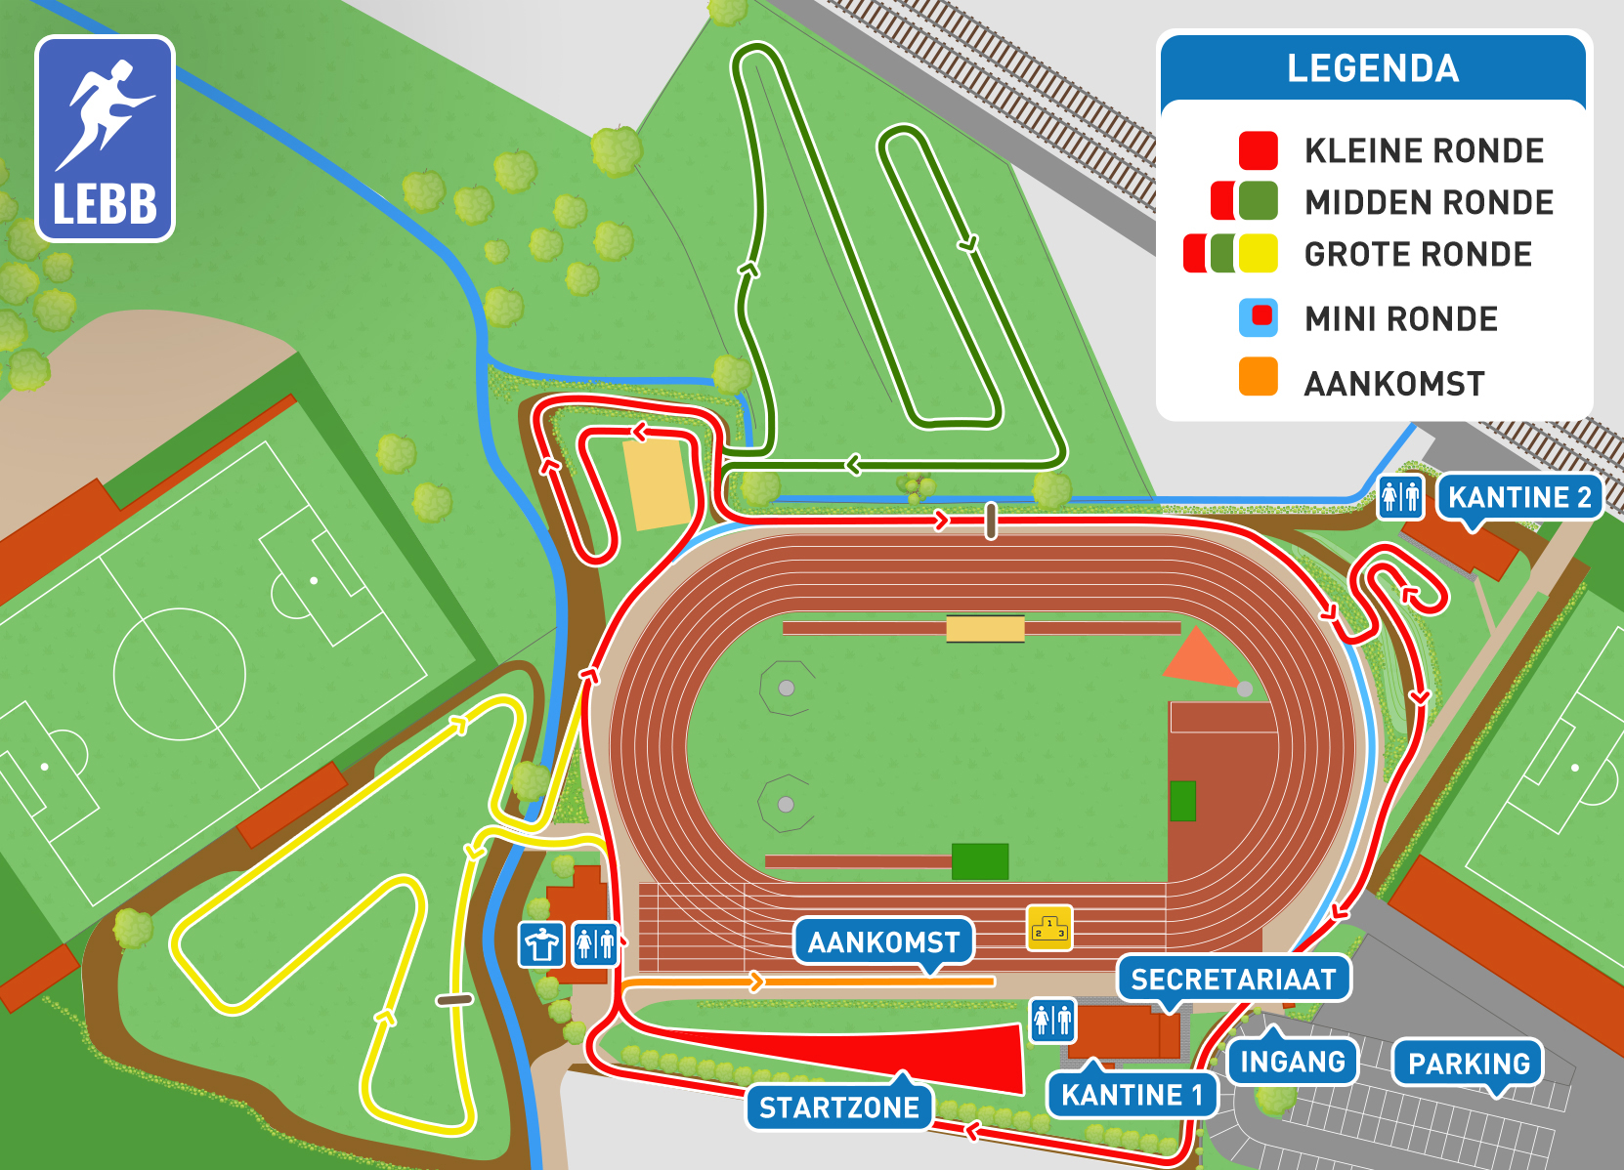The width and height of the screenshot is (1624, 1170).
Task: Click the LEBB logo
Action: pyautogui.click(x=106, y=139)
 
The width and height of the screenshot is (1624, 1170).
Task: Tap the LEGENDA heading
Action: pyautogui.click(x=1372, y=68)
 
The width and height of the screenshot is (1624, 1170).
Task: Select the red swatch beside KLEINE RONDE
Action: pyautogui.click(x=1258, y=150)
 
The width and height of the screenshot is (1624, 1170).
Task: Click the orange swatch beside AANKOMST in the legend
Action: pyautogui.click(x=1258, y=377)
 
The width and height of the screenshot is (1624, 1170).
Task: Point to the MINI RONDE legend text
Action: pyautogui.click(x=1400, y=319)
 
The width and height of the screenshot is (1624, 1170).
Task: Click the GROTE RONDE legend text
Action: pyautogui.click(x=1418, y=255)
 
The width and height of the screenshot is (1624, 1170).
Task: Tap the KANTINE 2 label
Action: pyautogui.click(x=1518, y=497)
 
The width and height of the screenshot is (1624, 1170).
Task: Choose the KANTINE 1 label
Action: pyautogui.click(x=1132, y=1095)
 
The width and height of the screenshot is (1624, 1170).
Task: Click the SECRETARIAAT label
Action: pyautogui.click(x=1233, y=979)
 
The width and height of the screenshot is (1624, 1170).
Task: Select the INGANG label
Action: pyautogui.click(x=1292, y=1062)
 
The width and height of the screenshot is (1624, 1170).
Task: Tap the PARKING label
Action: pyautogui.click(x=1469, y=1064)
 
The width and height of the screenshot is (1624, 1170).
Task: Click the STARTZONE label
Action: pyautogui.click(x=839, y=1107)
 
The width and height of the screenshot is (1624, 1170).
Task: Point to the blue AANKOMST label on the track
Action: pyautogui.click(x=883, y=941)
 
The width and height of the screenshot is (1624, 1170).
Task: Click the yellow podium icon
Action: pyautogui.click(x=1049, y=927)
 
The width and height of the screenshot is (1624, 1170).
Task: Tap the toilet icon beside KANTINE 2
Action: pyautogui.click(x=1400, y=497)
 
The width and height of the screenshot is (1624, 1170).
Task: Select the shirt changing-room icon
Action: pyautogui.click(x=541, y=944)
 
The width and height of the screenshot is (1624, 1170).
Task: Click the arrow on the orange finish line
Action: pyautogui.click(x=755, y=982)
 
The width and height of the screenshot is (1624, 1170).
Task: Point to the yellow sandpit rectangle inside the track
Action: pyautogui.click(x=985, y=629)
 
